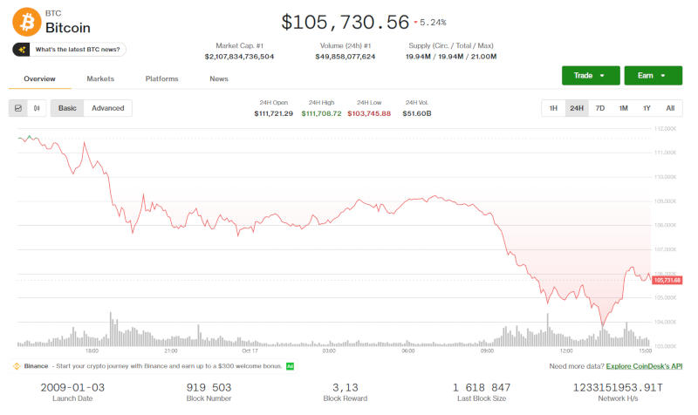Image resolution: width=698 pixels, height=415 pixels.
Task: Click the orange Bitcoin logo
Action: point(27,21)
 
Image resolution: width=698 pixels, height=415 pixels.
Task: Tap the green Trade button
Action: point(591,76)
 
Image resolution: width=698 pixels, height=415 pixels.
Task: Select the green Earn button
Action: point(653,76)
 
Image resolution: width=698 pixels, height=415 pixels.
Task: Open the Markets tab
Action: point(100,79)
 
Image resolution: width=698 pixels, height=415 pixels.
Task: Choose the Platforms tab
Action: point(162,79)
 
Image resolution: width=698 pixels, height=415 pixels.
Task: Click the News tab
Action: point(219,79)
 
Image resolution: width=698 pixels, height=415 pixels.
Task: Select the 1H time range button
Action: point(553,108)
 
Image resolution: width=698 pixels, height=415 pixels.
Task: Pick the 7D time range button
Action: point(599,108)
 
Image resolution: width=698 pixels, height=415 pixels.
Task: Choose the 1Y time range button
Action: point(647,108)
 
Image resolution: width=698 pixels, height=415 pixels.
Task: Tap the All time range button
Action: point(669,108)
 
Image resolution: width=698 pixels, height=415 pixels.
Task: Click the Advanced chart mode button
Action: point(108,108)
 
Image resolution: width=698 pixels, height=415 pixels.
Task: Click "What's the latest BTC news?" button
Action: point(70,50)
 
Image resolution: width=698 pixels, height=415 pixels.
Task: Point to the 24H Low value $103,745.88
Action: point(369,113)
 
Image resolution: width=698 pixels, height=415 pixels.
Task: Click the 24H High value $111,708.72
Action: point(321,113)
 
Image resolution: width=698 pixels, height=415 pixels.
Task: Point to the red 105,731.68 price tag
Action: point(667,280)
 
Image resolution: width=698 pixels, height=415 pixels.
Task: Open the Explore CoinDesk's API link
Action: point(644,367)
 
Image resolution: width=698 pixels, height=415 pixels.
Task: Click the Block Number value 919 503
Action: point(209,386)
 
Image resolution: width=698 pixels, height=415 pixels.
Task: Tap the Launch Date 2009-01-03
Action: point(73,386)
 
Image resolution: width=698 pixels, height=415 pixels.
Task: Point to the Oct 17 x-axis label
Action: point(250,350)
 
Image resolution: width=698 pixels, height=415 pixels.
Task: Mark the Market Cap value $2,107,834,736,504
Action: point(239,57)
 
